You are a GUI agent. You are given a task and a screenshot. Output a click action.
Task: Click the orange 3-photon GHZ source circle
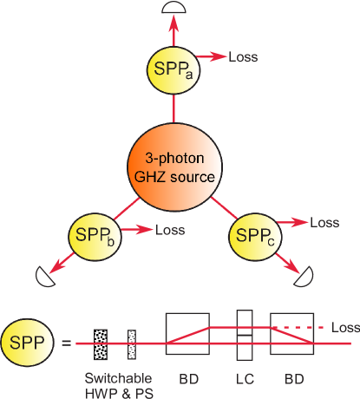tap(174, 165)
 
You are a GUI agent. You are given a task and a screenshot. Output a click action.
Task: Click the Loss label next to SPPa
tap(242, 58)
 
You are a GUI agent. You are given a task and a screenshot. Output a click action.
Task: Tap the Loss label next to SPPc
tap(324, 223)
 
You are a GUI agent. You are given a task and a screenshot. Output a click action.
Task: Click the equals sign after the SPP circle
tap(66, 343)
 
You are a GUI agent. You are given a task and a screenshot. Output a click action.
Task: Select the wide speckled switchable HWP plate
tap(100, 343)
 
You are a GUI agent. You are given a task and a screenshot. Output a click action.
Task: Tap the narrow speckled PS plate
tap(133, 343)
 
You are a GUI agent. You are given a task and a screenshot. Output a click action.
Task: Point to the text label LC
tap(243, 379)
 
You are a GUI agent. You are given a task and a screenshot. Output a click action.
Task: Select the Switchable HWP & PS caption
tap(117, 384)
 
